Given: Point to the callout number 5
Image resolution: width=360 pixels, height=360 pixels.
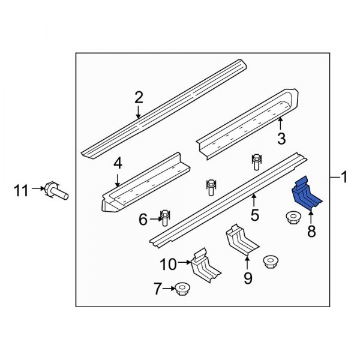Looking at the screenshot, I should tap(254, 215).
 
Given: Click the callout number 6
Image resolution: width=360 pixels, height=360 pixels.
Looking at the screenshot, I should tap(143, 220).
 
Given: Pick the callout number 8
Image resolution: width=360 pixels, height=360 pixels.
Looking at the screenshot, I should tap(311, 232).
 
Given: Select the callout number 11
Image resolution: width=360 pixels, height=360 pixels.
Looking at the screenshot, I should tap(22, 191).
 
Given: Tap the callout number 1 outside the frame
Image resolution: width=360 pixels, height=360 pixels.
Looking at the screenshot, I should tap(344, 177).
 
